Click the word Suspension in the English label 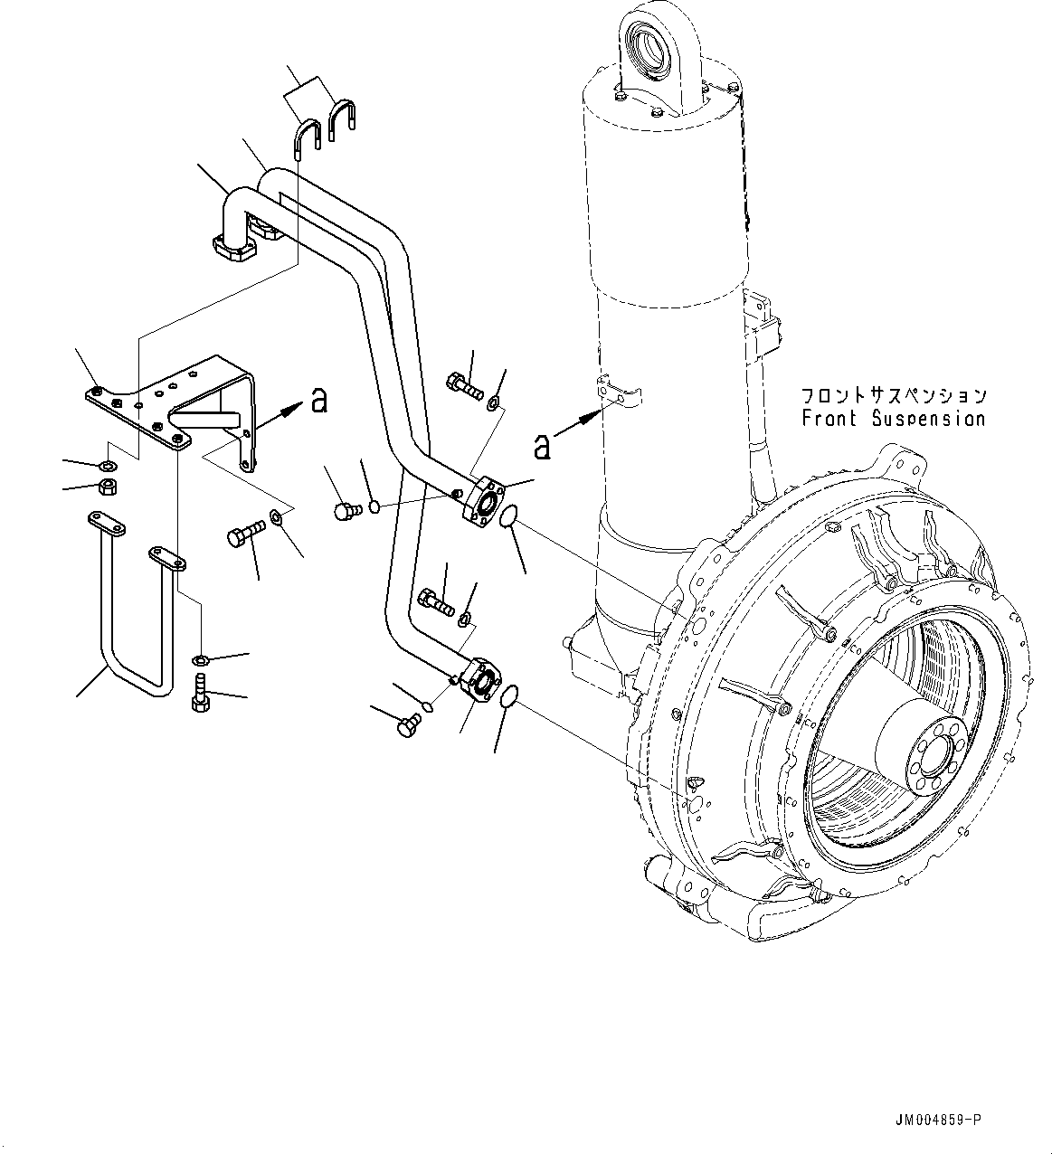click(929, 419)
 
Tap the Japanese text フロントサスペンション click(893, 396)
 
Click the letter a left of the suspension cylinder click(541, 445)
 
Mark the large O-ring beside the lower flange click(510, 695)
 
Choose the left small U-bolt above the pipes click(305, 140)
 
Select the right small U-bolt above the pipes click(343, 120)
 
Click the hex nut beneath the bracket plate click(105, 487)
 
